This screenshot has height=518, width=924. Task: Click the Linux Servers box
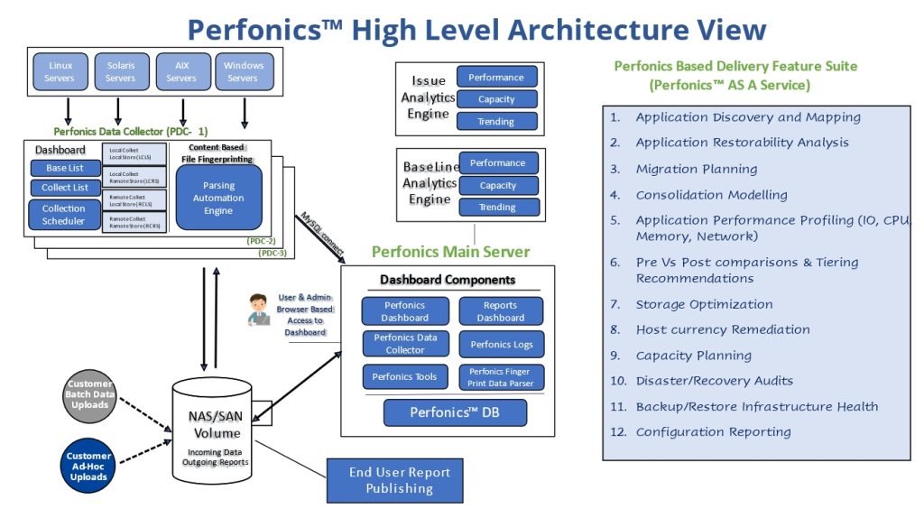tap(60, 71)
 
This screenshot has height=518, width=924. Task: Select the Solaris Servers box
tap(121, 71)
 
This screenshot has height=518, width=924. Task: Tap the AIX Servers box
tap(181, 71)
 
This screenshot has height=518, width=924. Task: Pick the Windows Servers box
tap(243, 71)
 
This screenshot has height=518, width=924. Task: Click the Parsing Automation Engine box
tap(218, 198)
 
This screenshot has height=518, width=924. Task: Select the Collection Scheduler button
tap(64, 215)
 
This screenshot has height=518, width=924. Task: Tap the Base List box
tap(66, 168)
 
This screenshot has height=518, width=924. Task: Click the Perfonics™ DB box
tap(455, 412)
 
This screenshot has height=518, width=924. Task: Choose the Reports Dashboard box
tap(501, 311)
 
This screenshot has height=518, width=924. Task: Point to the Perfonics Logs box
tap(501, 345)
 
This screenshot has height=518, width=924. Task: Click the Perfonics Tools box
tap(405, 376)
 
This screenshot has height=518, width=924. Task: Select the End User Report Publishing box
tap(400, 480)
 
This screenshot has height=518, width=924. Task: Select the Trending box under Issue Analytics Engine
tap(497, 122)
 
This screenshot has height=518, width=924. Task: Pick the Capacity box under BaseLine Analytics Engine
tap(498, 186)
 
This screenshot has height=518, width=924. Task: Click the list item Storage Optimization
tap(704, 304)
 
